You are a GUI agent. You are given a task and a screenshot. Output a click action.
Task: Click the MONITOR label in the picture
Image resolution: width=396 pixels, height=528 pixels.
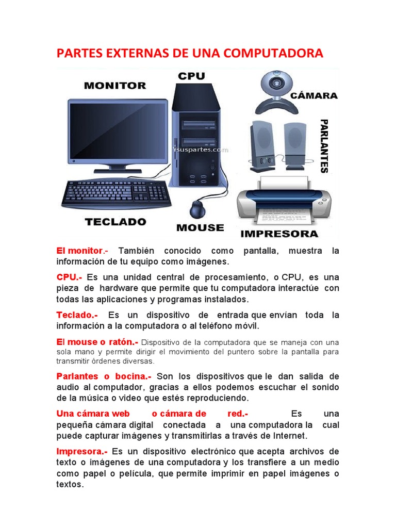(114, 85)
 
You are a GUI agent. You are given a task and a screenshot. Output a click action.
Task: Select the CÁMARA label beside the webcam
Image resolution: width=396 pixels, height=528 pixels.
(315, 95)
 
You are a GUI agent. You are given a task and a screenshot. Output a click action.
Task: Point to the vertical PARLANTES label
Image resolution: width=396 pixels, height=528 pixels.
(324, 146)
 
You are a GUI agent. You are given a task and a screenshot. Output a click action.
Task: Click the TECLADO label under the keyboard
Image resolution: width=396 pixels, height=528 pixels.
(115, 222)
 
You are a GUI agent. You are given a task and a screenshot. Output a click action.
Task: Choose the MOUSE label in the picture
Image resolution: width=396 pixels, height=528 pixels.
(200, 227)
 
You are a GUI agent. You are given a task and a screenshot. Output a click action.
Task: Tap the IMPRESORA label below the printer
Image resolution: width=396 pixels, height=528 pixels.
(279, 234)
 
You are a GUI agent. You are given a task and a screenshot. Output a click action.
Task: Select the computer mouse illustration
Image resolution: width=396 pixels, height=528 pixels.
(197, 209)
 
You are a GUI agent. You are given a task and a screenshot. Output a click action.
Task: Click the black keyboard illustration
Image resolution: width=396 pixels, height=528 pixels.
(117, 193)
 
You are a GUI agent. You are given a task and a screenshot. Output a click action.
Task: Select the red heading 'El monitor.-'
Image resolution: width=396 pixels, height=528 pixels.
(81, 251)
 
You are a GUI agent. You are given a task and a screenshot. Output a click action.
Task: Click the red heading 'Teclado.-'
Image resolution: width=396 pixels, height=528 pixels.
(77, 315)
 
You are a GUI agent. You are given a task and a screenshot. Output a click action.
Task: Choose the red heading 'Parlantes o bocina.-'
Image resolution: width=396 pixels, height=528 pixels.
(104, 376)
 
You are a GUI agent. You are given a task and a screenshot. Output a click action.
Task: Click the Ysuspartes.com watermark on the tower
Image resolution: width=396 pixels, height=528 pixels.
(200, 150)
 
